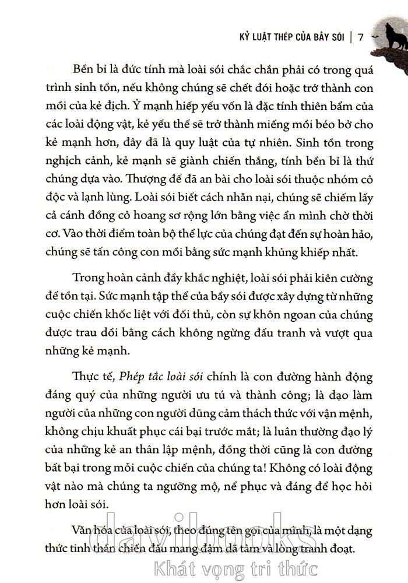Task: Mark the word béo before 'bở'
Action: pos(305,126)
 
